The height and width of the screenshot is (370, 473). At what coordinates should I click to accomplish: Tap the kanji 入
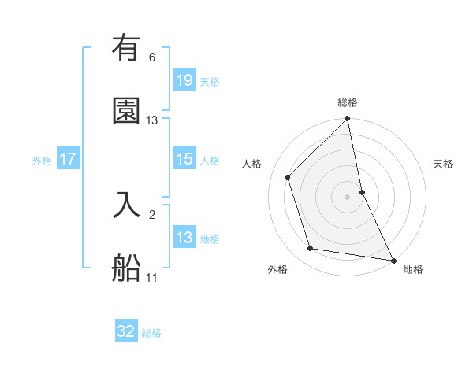tap(126, 204)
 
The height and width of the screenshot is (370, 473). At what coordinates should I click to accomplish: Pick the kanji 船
tap(126, 267)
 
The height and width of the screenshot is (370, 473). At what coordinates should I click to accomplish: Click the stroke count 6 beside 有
tap(151, 57)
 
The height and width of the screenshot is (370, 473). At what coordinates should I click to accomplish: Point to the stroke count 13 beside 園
tap(152, 120)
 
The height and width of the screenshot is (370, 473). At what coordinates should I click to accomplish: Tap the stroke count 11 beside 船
tap(152, 278)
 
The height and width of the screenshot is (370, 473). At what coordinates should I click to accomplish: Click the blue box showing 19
tap(184, 80)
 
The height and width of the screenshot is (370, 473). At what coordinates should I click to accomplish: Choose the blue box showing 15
tap(184, 159)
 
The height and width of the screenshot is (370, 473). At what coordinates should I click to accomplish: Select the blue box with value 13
tap(184, 238)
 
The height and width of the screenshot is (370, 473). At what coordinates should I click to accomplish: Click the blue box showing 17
tap(68, 159)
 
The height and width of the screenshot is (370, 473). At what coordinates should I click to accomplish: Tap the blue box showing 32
tap(126, 331)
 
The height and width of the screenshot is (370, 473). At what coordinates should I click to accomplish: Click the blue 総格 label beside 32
tap(151, 333)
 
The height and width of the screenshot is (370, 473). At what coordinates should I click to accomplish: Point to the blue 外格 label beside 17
tap(42, 161)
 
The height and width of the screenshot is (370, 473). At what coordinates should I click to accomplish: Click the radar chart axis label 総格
tap(348, 102)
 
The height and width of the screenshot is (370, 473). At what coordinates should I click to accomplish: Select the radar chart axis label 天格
tap(444, 164)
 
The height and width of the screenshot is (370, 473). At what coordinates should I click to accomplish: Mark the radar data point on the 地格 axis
tap(393, 260)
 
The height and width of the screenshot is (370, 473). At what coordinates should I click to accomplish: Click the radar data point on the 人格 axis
tap(288, 177)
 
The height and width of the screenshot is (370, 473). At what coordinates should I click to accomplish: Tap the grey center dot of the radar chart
tap(348, 196)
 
